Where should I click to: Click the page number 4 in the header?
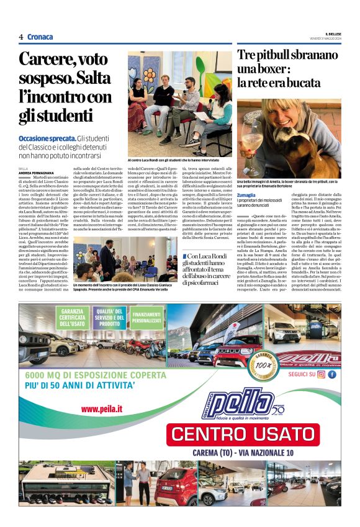tap(21, 37)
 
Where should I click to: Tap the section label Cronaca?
tap(40, 37)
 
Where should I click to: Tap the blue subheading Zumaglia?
tap(246, 194)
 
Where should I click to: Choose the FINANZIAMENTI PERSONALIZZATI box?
tap(146, 318)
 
